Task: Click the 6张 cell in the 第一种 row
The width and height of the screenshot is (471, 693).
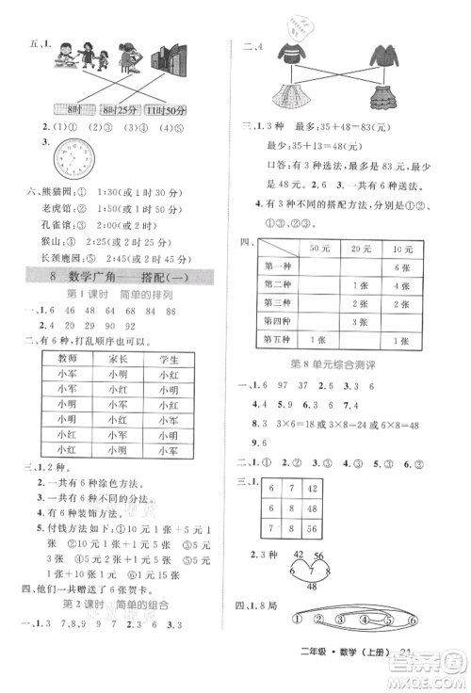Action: click(407, 268)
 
